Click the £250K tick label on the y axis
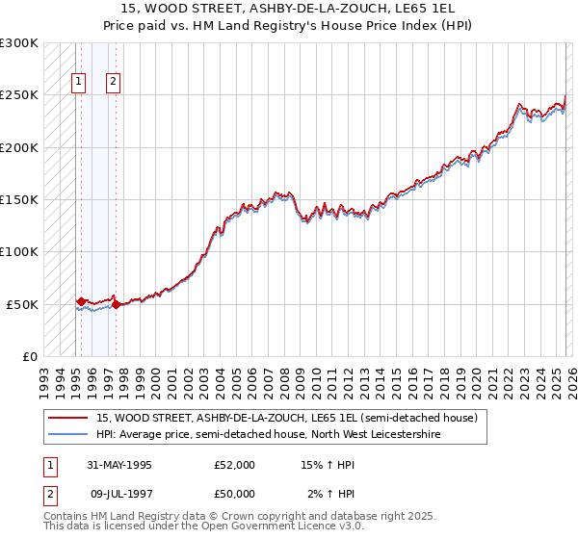tap(19, 95)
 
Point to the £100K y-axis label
tap(19, 251)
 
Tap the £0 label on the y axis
tap(29, 356)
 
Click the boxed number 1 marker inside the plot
tap(78, 82)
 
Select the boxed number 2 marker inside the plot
tap(113, 82)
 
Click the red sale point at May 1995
tap(81, 301)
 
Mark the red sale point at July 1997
tap(116, 304)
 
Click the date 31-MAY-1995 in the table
tap(118, 465)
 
